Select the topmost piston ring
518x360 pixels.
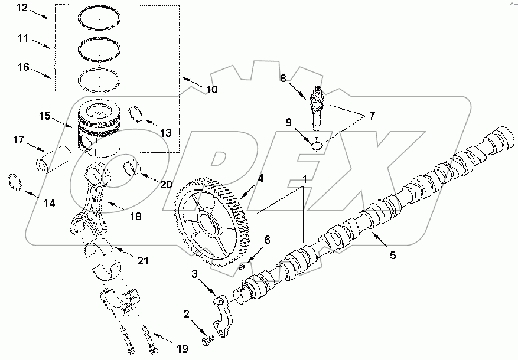(x=101, y=18)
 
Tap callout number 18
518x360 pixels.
(x=136, y=217)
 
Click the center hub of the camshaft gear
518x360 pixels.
(x=208, y=224)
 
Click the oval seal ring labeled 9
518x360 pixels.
(x=317, y=142)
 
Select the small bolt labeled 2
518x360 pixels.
(x=207, y=341)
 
